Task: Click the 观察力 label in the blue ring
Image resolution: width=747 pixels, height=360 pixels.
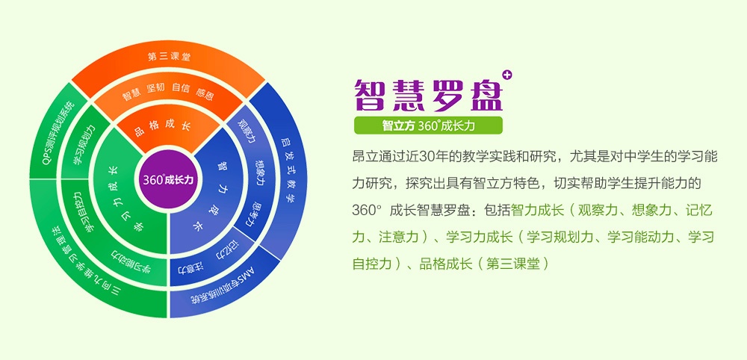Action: (247, 131)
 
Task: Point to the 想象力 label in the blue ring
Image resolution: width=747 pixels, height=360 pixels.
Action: (260, 173)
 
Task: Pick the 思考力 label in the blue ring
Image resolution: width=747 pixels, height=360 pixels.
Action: (255, 214)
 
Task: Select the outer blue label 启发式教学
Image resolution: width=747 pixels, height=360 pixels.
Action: (287, 170)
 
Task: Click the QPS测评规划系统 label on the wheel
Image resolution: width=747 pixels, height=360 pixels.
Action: (58, 131)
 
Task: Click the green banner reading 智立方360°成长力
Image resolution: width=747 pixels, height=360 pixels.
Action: (428, 125)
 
